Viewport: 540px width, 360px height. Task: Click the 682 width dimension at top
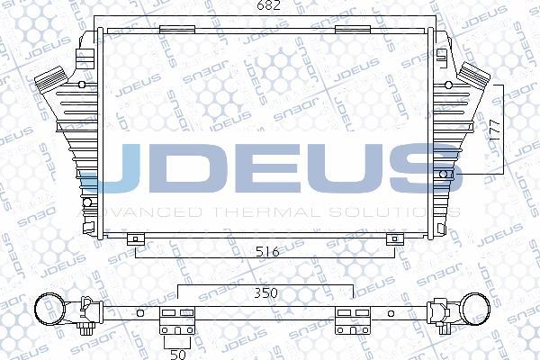pos(271,8)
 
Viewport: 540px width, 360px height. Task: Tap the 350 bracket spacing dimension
pos(263,293)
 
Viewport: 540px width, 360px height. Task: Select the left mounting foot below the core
pos(135,238)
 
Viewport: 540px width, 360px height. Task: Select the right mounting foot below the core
pos(392,238)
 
